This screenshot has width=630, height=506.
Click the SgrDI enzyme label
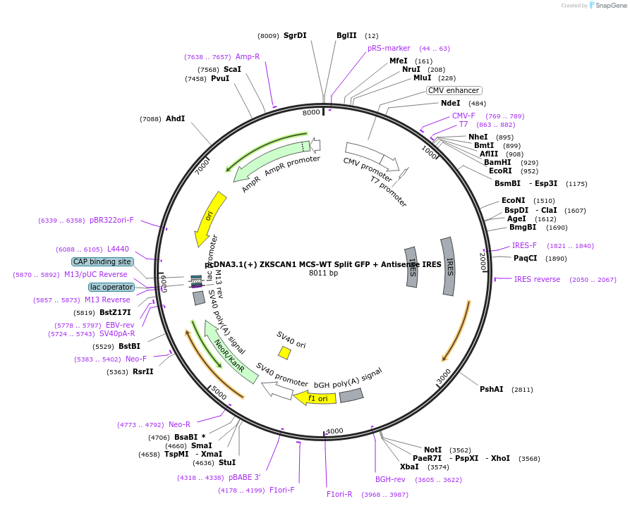click(295, 35)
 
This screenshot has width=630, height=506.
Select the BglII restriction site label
click(346, 35)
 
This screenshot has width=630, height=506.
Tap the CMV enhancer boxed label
click(454, 90)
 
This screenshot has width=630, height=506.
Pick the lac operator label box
click(111, 287)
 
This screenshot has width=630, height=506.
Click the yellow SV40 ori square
click(284, 352)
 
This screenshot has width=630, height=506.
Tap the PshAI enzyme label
click(492, 389)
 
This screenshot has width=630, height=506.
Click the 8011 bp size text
click(323, 273)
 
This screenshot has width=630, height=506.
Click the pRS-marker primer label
click(389, 48)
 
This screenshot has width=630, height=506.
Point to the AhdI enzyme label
click(175, 118)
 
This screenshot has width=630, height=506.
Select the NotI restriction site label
click(432, 449)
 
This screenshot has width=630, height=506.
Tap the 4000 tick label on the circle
click(334, 431)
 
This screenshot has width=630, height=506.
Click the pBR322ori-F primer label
click(111, 221)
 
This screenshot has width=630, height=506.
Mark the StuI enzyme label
click(226, 463)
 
